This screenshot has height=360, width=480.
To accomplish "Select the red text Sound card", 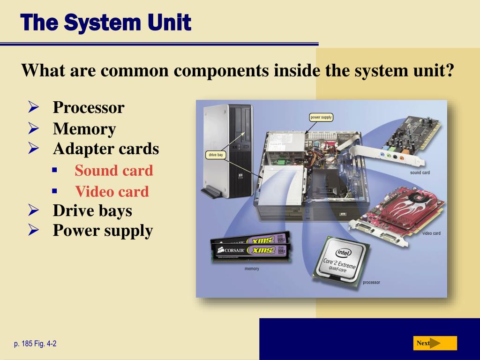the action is (114, 171).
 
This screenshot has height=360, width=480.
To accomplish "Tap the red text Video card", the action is (112, 191).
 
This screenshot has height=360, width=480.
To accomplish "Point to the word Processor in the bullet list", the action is (89, 107).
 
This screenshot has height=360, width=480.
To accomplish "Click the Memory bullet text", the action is (84, 129).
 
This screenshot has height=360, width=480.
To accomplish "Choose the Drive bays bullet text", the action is (92, 210).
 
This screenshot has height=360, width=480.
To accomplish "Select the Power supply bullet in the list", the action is (103, 231).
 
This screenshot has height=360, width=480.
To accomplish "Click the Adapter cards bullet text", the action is (106, 149).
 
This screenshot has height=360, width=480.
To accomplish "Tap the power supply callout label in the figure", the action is (322, 117).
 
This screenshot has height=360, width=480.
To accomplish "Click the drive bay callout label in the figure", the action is (216, 155).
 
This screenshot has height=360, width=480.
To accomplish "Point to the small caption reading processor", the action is (371, 283).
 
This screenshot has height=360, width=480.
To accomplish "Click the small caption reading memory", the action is (252, 269).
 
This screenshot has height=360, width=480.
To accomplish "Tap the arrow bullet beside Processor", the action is (33, 107).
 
